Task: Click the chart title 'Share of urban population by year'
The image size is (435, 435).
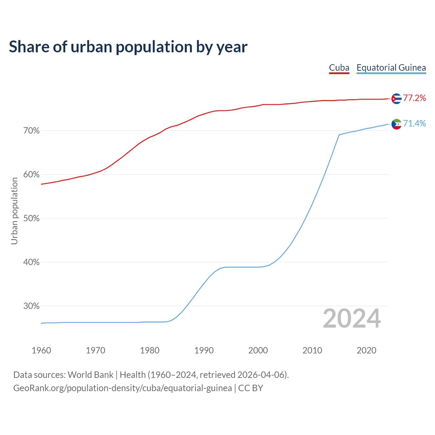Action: point(128,47)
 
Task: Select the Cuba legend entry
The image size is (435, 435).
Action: point(339,68)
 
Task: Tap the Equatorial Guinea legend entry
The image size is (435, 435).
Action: point(391,68)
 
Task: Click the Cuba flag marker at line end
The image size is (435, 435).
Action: point(396,99)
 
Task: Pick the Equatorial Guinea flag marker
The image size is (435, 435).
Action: point(396,124)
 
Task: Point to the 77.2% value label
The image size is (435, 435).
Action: point(415,98)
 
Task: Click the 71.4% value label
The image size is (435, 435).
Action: point(415,124)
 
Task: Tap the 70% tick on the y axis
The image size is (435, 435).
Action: point(32,131)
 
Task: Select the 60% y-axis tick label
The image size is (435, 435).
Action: point(32,175)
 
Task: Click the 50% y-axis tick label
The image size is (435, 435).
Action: point(32,219)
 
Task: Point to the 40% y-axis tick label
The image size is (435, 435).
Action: point(32,262)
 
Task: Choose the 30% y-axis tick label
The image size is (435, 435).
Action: point(32,306)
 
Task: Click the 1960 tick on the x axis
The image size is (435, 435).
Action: point(41,350)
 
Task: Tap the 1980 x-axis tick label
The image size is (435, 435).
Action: point(150,350)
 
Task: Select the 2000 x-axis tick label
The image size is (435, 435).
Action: point(258,350)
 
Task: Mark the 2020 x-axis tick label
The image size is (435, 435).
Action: point(367,350)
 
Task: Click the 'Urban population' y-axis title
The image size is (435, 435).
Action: point(14,211)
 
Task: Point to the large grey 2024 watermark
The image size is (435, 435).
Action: point(352,319)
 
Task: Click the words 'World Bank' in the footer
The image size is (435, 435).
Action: point(90,375)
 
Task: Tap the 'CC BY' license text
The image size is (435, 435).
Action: point(251,388)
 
